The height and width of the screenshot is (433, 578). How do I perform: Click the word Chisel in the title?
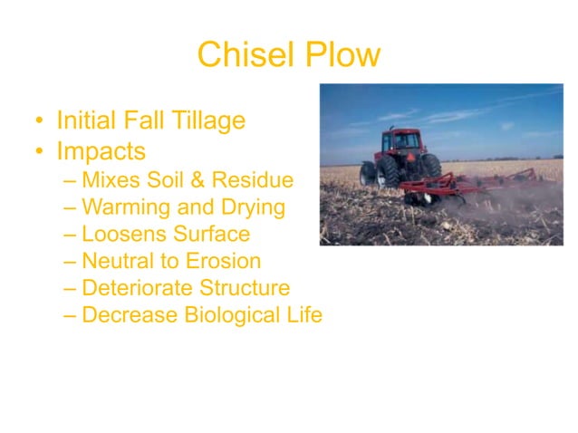point(237,55)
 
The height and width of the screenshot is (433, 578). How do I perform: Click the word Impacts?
point(101,149)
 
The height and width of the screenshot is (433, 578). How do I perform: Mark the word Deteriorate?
point(134,289)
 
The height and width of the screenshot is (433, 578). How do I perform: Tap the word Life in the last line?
point(303,316)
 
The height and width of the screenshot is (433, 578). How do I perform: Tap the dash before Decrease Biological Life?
point(71,316)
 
